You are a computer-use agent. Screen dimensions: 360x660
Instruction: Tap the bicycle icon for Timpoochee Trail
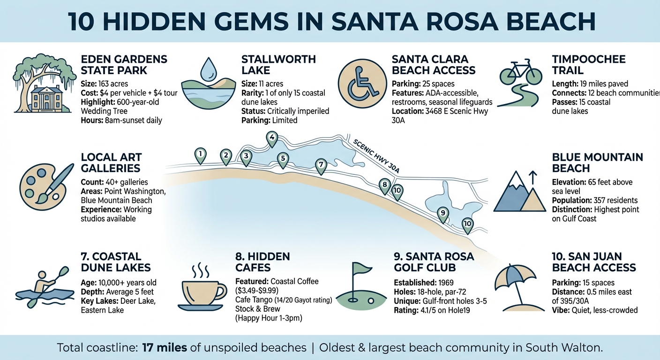pyautogui.click(x=517, y=72)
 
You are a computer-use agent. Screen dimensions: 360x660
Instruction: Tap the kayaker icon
pyautogui.click(x=45, y=287)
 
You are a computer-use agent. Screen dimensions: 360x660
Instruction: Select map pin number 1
pyautogui.click(x=201, y=155)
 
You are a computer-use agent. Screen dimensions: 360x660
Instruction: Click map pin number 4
pyautogui.click(x=271, y=138)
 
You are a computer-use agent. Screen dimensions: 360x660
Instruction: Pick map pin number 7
pyautogui.click(x=321, y=165)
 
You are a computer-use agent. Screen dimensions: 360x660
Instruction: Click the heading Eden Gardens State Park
pyautogui.click(x=124, y=65)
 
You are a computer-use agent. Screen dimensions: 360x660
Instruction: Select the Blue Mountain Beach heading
pyautogui.click(x=597, y=163)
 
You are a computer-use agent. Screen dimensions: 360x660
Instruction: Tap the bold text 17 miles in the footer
pyautogui.click(x=168, y=348)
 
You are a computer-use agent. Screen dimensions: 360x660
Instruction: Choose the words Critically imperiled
pyautogui.click(x=298, y=111)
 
